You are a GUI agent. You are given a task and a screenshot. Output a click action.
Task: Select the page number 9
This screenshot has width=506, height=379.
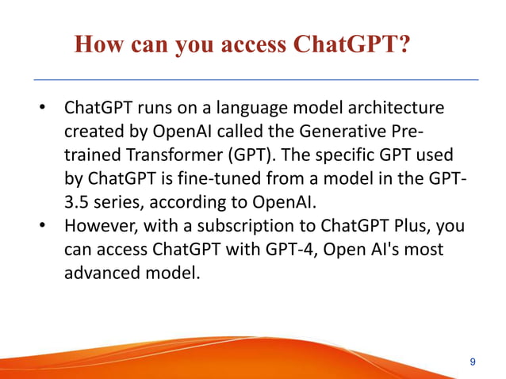click(x=473, y=362)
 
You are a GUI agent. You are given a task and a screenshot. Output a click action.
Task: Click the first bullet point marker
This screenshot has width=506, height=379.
click(x=46, y=107)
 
